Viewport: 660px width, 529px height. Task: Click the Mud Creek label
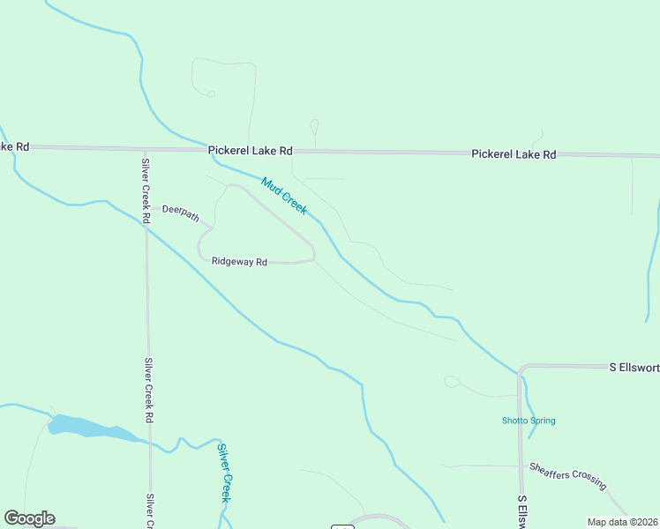pyautogui.click(x=284, y=196)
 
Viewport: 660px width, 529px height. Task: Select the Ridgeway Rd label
pyautogui.click(x=239, y=261)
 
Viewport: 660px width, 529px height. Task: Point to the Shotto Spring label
pyautogui.click(x=529, y=421)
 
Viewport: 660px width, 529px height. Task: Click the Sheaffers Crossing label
pyautogui.click(x=567, y=476)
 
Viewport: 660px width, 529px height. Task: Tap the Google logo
pyautogui.click(x=29, y=518)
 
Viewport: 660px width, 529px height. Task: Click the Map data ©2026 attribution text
pyautogui.click(x=623, y=522)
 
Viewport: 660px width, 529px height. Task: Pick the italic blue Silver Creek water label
pyautogui.click(x=225, y=473)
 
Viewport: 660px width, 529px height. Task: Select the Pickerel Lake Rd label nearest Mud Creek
pyautogui.click(x=251, y=151)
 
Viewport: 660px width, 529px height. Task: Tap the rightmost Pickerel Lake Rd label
pyautogui.click(x=514, y=154)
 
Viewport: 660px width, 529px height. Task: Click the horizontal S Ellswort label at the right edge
pyautogui.click(x=634, y=366)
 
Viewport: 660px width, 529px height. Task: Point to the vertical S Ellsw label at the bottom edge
pyautogui.click(x=522, y=511)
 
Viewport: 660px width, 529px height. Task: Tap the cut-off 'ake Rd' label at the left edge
pyautogui.click(x=15, y=145)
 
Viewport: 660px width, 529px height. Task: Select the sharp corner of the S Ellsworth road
pyautogui.click(x=521, y=367)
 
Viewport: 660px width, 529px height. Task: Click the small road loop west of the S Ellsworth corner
pyautogui.click(x=453, y=381)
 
